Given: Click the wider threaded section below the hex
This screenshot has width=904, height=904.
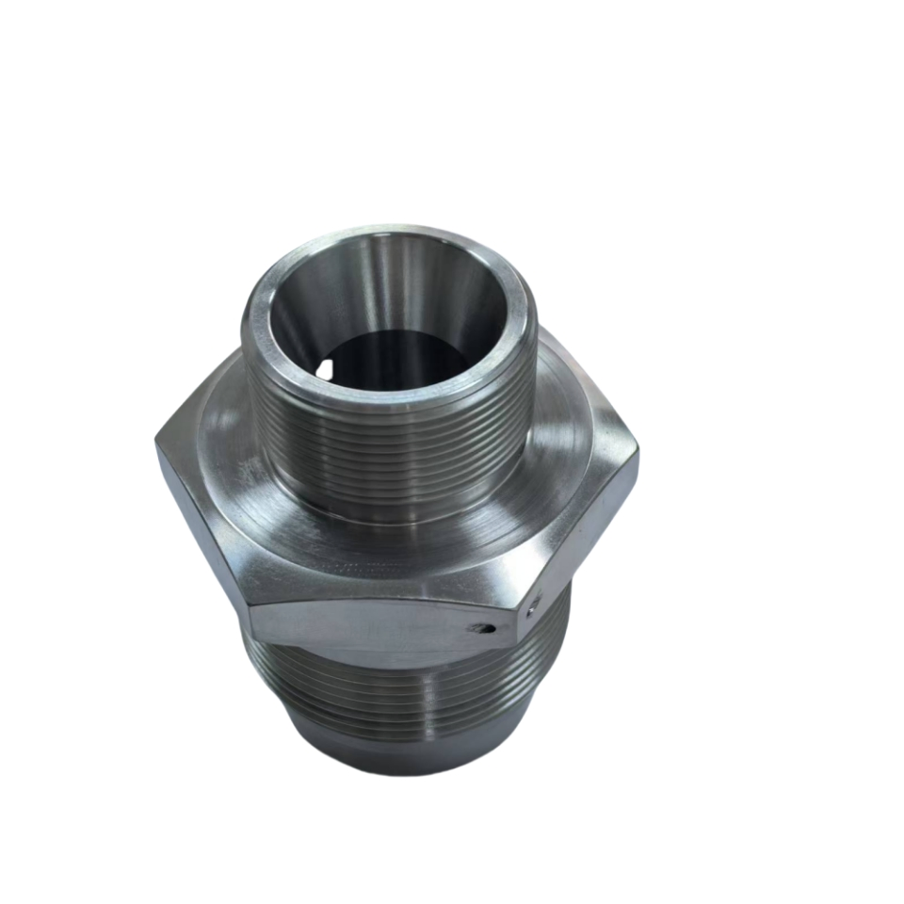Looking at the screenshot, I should (405, 687).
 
